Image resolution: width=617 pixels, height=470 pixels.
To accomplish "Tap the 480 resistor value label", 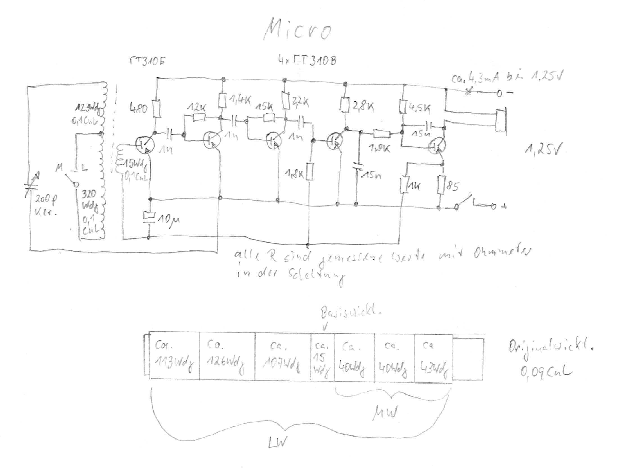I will point(138,108).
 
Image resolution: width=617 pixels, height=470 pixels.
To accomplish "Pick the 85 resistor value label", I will point(452,186).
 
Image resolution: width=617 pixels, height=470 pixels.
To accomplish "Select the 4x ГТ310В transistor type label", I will point(307,61).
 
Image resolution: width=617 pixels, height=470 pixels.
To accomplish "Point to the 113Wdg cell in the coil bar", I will point(174,359).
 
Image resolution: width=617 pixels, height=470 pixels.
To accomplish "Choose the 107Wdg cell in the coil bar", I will point(282,359).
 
